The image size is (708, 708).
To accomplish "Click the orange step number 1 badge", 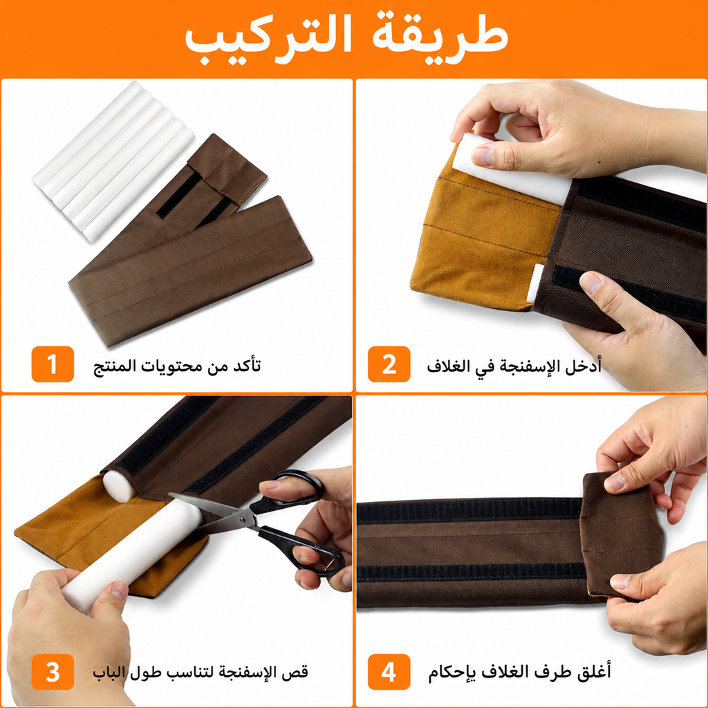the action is pos(53,364).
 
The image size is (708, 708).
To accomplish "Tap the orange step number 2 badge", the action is pos(389,364).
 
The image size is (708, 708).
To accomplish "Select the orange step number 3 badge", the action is pos(53,672).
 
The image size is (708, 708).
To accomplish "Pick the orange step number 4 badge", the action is pos(389,672).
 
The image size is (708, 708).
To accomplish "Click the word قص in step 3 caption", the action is pos(299,672).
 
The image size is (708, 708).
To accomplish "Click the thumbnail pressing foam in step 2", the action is pos(482,156).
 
